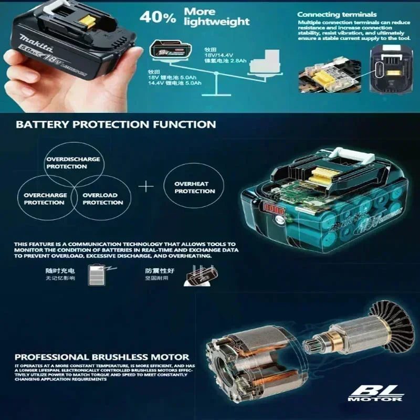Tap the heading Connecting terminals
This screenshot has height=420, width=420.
[337, 14]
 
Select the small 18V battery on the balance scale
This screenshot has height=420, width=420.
[166, 51]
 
